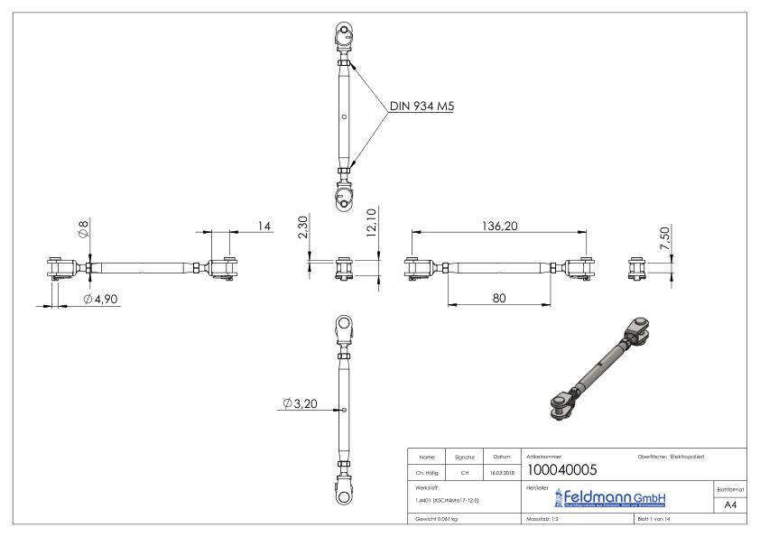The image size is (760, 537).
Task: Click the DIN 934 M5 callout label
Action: click(x=422, y=106)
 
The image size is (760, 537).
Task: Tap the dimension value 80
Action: click(x=498, y=298)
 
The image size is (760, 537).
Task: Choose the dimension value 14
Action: click(x=264, y=226)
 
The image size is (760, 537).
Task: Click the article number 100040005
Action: click(x=565, y=469)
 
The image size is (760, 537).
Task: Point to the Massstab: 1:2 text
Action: click(x=545, y=521)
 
